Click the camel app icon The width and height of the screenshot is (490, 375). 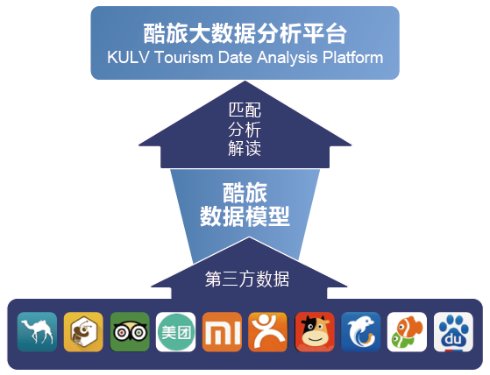pyautogui.click(x=37, y=331)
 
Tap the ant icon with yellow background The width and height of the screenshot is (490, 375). pyautogui.click(x=83, y=331)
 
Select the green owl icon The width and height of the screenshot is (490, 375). pyautogui.click(x=130, y=331)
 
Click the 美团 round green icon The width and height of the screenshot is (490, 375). pyautogui.click(x=175, y=331)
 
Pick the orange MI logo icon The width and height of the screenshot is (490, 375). pyautogui.click(x=222, y=331)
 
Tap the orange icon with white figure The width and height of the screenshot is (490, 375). pyautogui.click(x=268, y=331)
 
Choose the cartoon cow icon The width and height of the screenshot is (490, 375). pyautogui.click(x=315, y=331)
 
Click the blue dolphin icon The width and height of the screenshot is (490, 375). pyautogui.click(x=361, y=331)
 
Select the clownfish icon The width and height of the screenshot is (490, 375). pyautogui.click(x=407, y=331)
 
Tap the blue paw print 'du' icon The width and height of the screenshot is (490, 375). pyautogui.click(x=453, y=331)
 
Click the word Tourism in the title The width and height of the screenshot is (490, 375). pyautogui.click(x=183, y=58)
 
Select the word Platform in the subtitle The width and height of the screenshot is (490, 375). pyautogui.click(x=353, y=58)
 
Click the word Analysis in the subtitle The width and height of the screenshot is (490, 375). pyautogui.click(x=288, y=58)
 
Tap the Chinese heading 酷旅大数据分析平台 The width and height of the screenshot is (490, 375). pyautogui.click(x=245, y=33)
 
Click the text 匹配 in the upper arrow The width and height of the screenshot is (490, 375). pyautogui.click(x=245, y=110)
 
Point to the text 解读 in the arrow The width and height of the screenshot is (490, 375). pyautogui.click(x=245, y=148)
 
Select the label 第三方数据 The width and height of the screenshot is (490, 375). pyautogui.click(x=247, y=279)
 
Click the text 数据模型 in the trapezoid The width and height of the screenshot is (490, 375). pyautogui.click(x=245, y=216)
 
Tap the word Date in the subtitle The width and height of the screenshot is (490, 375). pyautogui.click(x=235, y=58)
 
